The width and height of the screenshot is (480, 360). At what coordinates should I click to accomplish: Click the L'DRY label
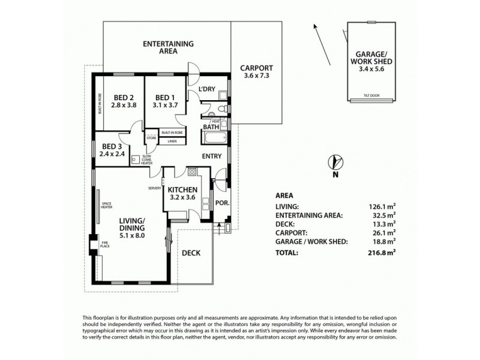coord(206,89)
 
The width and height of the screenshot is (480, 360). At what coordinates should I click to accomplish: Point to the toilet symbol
coord(221,109)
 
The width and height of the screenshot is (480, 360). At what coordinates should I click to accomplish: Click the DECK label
coord(191,253)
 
